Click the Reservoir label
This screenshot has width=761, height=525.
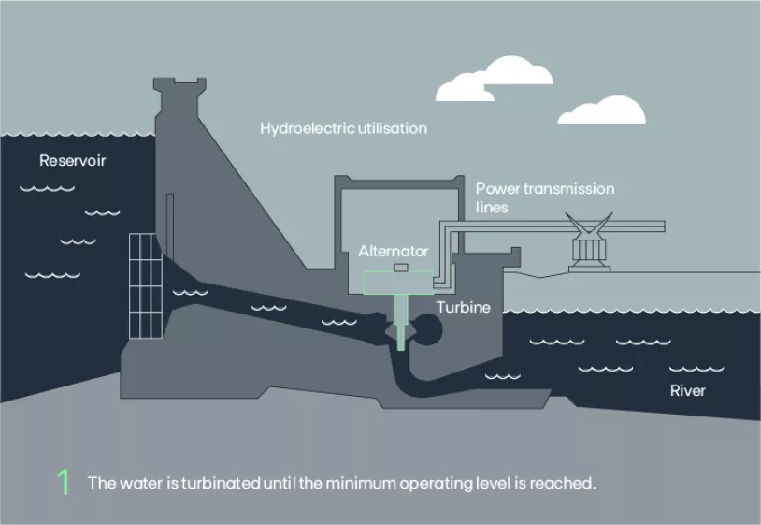coord(73,160)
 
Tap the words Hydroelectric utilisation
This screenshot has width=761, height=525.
coord(343,128)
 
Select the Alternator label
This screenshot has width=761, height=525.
coord(394,251)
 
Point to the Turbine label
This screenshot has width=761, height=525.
coord(463,307)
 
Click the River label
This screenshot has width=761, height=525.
coord(687,389)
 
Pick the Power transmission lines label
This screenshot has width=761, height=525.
coord(544,197)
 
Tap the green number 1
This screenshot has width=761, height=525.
coord(64,483)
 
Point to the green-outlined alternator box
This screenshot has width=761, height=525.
coord(398,282)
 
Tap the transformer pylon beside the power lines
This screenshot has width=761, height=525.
coord(590,246)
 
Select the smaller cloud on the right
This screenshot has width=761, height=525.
coord(602,111)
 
